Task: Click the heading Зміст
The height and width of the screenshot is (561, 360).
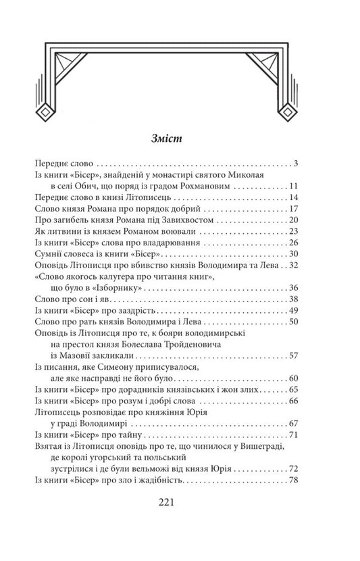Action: [180, 140]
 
